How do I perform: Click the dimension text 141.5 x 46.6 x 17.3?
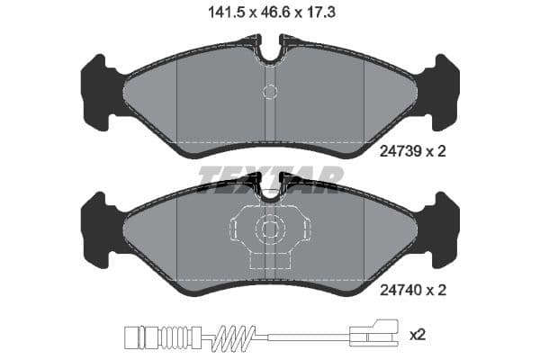pos(269,13)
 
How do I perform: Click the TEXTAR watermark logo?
pos(270,178)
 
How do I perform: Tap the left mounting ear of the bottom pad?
pos(97,229)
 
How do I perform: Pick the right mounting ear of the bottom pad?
pos(443,229)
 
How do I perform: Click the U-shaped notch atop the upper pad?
pos(270,49)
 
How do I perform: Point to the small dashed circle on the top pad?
pos(270,90)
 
